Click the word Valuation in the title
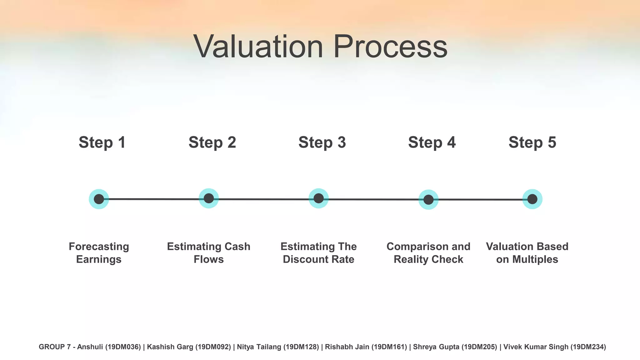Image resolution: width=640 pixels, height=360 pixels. tap(258, 47)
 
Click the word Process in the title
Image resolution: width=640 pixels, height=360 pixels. tap(390, 47)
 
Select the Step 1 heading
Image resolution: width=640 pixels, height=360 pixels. tap(102, 142)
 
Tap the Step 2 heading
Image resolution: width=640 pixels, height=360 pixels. tap(212, 142)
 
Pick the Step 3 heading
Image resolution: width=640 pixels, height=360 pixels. tap(322, 142)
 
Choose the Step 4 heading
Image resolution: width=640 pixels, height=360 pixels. tap(432, 142)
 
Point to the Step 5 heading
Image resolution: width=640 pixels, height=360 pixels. tap(532, 142)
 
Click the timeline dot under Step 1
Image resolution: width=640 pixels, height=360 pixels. tap(99, 199)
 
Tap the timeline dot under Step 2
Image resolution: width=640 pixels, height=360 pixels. tap(209, 198)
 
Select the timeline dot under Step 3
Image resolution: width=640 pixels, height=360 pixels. tap(318, 198)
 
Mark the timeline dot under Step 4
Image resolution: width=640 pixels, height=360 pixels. tap(428, 199)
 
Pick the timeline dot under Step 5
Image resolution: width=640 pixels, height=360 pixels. tap(532, 199)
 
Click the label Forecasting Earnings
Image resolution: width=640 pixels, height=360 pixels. tap(99, 253)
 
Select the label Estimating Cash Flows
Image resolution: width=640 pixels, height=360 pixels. tap(209, 253)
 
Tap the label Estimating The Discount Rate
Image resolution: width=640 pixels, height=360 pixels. tap(318, 253)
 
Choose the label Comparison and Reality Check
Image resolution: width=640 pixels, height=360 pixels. tap(428, 253)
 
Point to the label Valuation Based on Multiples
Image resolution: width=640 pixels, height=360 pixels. tap(527, 253)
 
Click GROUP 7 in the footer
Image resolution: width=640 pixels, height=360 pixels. tap(55, 347)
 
